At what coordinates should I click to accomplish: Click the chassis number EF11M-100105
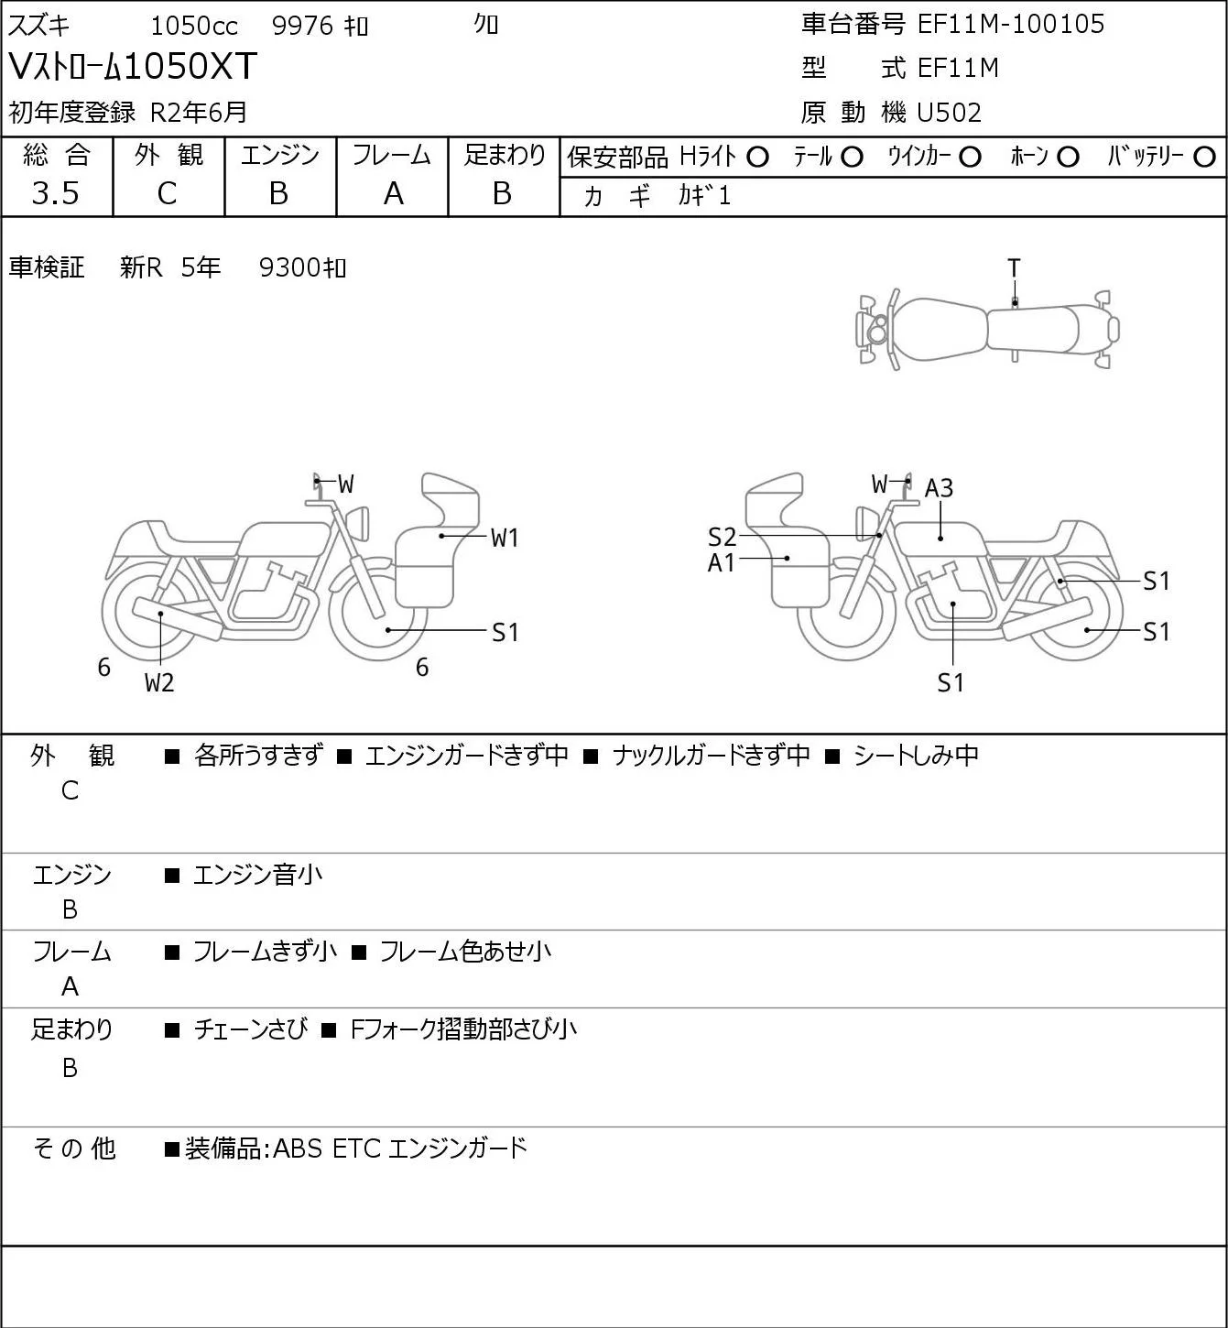click(x=1011, y=24)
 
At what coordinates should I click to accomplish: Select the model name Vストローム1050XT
click(x=133, y=66)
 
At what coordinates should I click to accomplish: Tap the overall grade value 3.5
click(x=56, y=193)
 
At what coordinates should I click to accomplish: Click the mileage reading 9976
click(x=302, y=26)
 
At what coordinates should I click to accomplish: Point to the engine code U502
click(x=949, y=113)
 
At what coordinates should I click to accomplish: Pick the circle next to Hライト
click(x=757, y=158)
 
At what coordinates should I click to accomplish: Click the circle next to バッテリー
click(x=1204, y=158)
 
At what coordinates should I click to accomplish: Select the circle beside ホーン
click(x=1068, y=158)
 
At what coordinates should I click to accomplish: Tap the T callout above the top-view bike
click(x=1014, y=268)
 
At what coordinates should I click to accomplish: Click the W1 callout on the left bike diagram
click(x=505, y=538)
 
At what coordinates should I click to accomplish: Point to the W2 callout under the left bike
click(x=159, y=682)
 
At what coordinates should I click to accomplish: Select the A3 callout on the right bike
click(x=939, y=489)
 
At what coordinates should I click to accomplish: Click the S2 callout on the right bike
click(x=722, y=537)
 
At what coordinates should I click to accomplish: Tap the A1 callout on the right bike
click(x=721, y=563)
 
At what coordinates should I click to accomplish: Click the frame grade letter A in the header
click(x=393, y=194)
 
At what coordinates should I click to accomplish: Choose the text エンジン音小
click(x=257, y=876)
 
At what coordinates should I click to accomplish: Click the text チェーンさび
click(x=251, y=1029)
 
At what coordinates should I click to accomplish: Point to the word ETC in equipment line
click(x=356, y=1148)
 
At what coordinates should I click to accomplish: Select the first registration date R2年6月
click(x=198, y=113)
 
